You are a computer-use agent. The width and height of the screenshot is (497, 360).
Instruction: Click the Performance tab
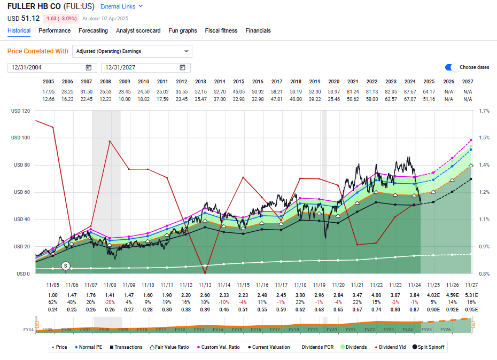point(55,30)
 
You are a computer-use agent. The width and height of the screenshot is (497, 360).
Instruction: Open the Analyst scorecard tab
point(138,30)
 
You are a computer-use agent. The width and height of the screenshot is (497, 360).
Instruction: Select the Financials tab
point(258,30)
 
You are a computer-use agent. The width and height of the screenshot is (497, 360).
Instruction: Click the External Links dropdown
point(122,6)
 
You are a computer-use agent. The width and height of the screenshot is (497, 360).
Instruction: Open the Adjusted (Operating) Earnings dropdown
point(132,51)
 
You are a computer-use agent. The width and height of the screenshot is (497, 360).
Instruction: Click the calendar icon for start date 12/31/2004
point(88,67)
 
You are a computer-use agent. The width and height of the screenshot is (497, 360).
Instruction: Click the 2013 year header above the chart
point(200,82)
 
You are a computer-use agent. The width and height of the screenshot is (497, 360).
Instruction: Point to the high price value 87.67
point(410,91)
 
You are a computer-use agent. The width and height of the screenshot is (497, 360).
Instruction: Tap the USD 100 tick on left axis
point(20,138)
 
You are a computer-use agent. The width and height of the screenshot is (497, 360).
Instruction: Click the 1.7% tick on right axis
point(484,111)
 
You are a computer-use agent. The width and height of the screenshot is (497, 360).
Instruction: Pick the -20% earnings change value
point(110,302)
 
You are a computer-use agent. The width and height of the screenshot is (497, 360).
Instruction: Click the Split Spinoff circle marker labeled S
point(66,265)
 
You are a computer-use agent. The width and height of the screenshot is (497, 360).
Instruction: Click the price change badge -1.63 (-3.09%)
point(61,18)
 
